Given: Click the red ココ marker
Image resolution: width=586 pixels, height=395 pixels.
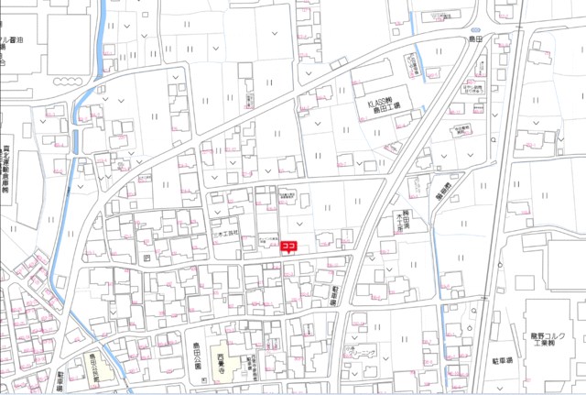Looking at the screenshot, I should pyautogui.click(x=288, y=246).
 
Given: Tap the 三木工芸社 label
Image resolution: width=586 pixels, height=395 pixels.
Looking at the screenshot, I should pyautogui.click(x=224, y=234).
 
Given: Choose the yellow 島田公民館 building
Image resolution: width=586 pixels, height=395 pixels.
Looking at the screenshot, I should pyautogui.click(x=103, y=369).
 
